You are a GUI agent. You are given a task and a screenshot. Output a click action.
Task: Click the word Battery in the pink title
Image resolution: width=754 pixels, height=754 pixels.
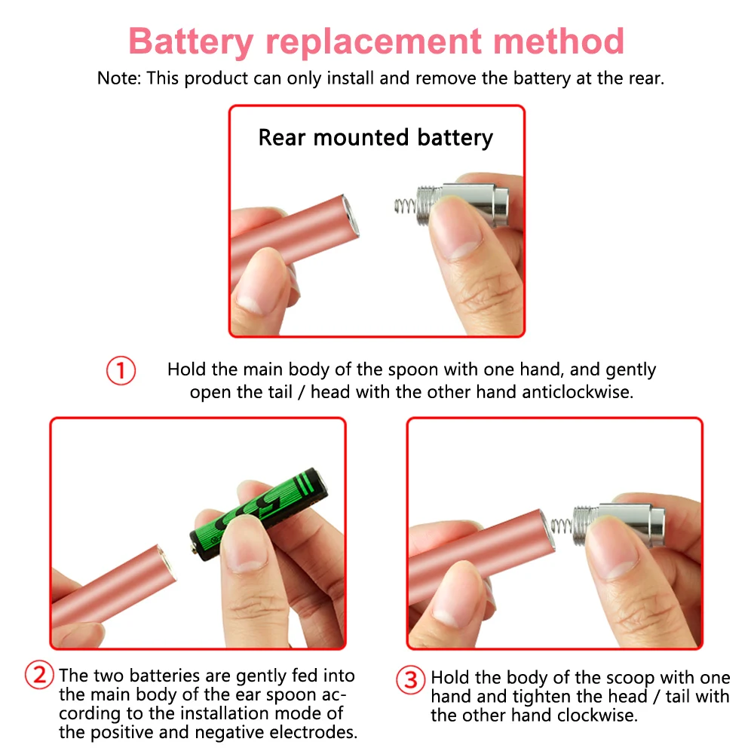click(192, 41)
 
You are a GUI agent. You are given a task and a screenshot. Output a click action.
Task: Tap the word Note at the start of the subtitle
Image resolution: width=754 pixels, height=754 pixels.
click(118, 78)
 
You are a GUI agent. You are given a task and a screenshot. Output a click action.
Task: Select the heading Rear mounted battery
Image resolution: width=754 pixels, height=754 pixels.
click(375, 138)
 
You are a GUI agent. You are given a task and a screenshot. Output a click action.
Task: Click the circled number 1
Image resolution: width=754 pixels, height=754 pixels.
click(121, 372)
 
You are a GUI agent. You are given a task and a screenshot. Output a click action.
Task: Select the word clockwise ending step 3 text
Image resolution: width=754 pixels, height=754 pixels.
click(597, 715)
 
